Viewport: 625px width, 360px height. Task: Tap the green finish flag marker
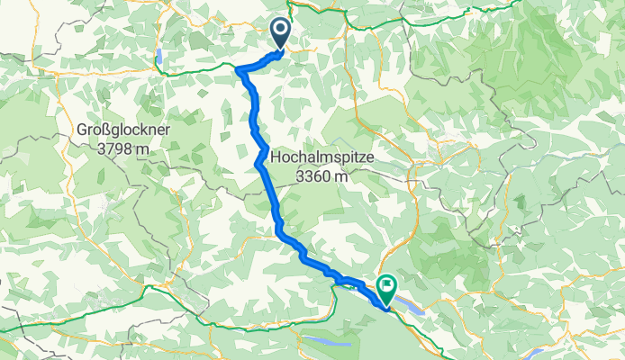click(x=386, y=289)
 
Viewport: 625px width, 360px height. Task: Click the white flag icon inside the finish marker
click(x=386, y=287)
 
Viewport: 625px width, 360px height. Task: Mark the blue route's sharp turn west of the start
click(x=238, y=67)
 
